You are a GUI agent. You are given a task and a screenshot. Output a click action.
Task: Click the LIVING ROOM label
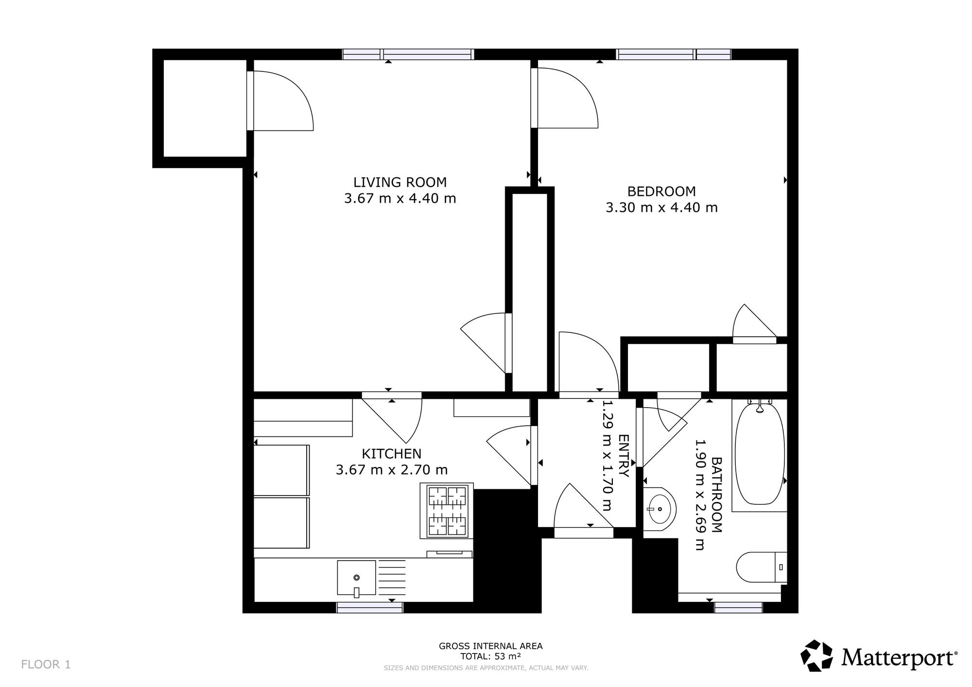[x=399, y=182]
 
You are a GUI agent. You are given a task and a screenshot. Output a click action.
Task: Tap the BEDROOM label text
[x=661, y=191]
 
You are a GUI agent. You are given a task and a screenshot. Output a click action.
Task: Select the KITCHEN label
[x=391, y=454]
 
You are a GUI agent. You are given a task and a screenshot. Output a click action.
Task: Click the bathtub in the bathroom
[x=760, y=453]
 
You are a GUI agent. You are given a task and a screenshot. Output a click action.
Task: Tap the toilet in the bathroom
[x=762, y=567]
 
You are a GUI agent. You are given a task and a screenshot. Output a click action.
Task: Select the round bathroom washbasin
[x=660, y=509]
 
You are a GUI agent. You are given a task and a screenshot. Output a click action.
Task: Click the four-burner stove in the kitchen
[x=447, y=511]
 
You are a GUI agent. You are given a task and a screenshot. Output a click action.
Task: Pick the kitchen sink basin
[x=356, y=578]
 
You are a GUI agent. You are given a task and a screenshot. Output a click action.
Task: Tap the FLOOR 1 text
[x=46, y=664]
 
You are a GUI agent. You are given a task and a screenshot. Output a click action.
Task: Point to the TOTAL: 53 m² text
[x=491, y=656]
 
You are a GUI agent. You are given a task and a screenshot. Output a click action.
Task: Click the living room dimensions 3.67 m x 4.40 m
[x=400, y=199]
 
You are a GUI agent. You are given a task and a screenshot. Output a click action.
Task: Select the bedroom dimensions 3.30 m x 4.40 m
[x=661, y=208]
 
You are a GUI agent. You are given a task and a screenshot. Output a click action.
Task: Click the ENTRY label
[x=624, y=456]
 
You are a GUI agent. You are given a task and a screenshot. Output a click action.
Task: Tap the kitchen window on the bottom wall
[x=370, y=607]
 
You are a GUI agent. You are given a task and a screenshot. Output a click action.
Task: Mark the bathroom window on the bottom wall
[x=738, y=607]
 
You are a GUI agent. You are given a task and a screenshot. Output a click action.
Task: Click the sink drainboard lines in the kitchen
[x=392, y=578]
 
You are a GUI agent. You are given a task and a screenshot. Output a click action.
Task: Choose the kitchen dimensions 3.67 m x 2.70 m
[x=392, y=470]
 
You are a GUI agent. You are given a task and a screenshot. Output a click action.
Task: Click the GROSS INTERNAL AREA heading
[x=491, y=646]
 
